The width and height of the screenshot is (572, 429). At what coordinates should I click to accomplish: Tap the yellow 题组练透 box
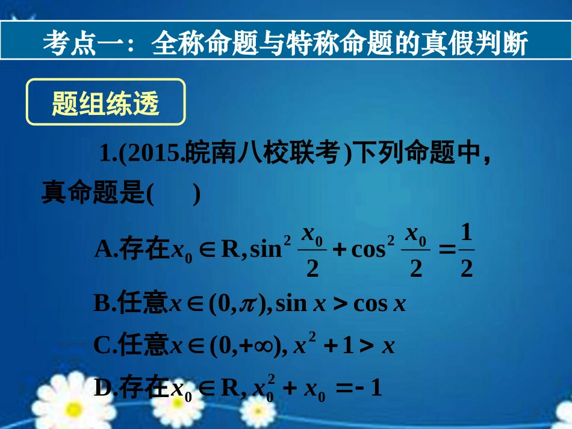tap(105, 103)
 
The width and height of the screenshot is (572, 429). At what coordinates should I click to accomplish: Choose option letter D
tap(103, 388)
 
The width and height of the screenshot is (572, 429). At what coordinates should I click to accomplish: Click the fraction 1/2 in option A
tap(466, 250)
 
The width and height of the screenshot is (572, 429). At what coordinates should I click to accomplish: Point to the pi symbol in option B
tap(247, 304)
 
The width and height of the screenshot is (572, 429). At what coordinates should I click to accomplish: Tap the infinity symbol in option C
tap(263, 346)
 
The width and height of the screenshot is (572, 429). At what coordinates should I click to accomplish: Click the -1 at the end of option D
tap(370, 389)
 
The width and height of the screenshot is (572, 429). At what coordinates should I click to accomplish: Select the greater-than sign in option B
tap(340, 304)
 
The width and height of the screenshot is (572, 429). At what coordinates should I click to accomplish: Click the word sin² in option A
tap(270, 248)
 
